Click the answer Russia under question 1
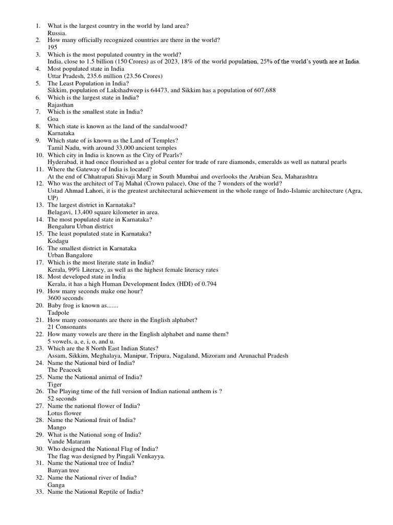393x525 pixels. (56, 32)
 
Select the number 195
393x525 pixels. (53, 47)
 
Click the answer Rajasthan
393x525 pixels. (60, 104)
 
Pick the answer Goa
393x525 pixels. (53, 118)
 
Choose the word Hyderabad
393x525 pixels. (64, 161)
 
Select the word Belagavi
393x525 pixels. (60, 212)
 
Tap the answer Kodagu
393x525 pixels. (57, 240)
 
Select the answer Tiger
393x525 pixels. (55, 384)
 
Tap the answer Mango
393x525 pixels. (57, 427)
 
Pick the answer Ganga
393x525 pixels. (56, 484)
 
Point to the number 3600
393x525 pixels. (54, 298)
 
